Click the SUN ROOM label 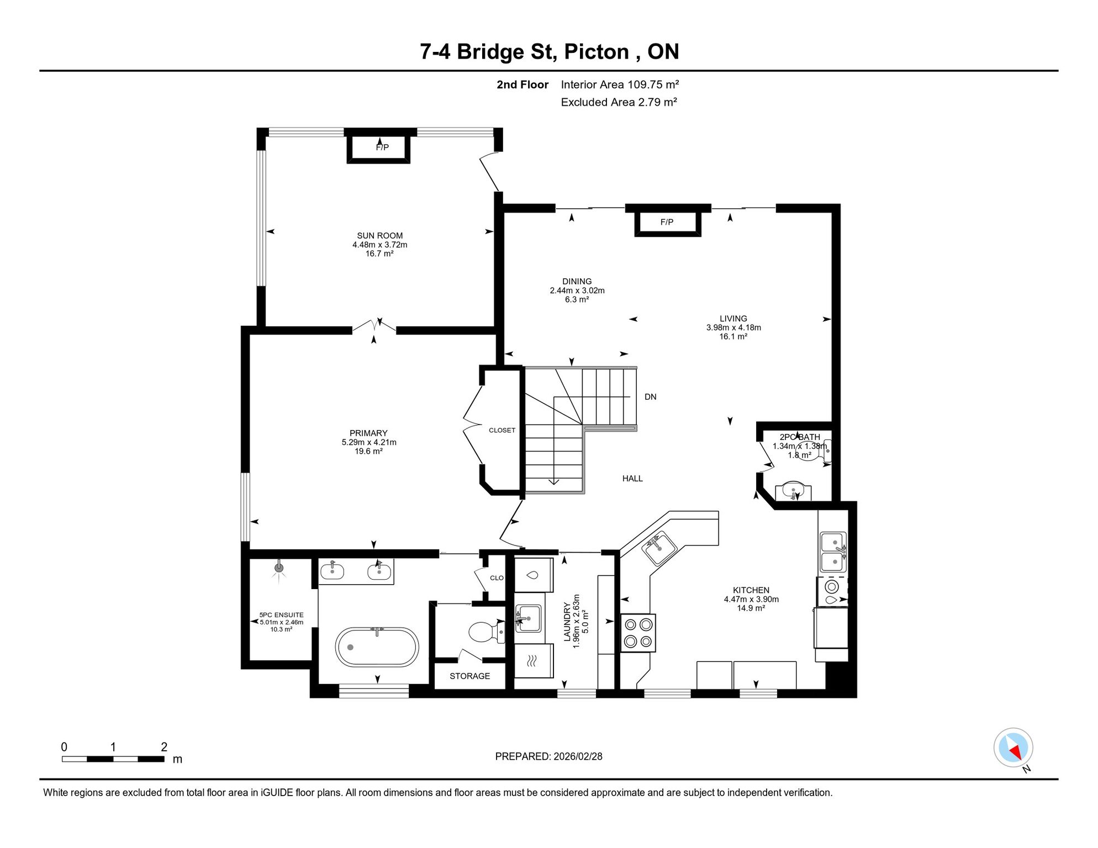pyautogui.click(x=379, y=236)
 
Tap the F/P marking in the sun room pyautogui.click(x=382, y=147)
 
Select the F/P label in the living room pyautogui.click(x=667, y=222)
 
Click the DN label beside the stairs pyautogui.click(x=650, y=397)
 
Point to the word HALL pyautogui.click(x=632, y=479)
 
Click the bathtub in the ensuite pyautogui.click(x=377, y=647)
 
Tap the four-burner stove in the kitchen pyautogui.click(x=638, y=633)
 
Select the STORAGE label pyautogui.click(x=469, y=676)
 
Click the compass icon pyautogui.click(x=1013, y=748)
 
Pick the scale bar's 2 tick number pyautogui.click(x=164, y=747)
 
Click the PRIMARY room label pyautogui.click(x=368, y=433)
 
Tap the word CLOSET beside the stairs pyautogui.click(x=502, y=430)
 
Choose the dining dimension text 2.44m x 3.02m pyautogui.click(x=577, y=290)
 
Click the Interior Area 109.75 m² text pyautogui.click(x=620, y=84)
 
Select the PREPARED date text pyautogui.click(x=548, y=756)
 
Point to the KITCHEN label pyautogui.click(x=751, y=590)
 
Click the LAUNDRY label pyautogui.click(x=567, y=622)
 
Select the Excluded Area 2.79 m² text pyautogui.click(x=619, y=102)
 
